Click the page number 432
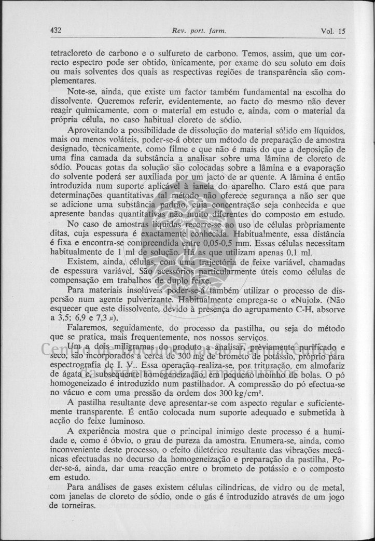click(x=56, y=30)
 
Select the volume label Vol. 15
click(x=333, y=31)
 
